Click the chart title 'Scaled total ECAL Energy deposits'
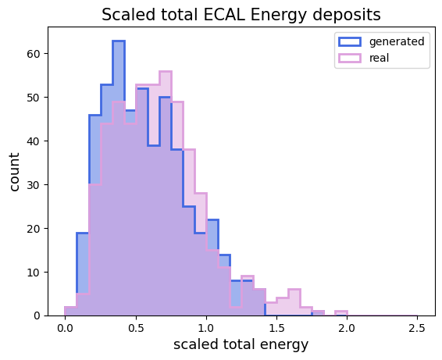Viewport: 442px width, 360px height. coord(241,14)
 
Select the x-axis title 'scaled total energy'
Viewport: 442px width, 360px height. coord(241,344)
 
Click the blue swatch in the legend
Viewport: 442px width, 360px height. coord(348,41)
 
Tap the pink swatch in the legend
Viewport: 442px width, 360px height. coord(348,57)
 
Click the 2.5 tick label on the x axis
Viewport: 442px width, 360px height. coord(417,327)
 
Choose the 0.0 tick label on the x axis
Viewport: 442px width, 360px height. coord(65,327)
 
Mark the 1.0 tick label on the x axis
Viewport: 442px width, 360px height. coord(205,327)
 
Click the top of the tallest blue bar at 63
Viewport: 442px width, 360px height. coord(118,41)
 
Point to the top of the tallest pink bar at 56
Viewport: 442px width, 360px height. coord(165,72)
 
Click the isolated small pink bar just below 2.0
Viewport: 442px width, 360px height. coord(340,312)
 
